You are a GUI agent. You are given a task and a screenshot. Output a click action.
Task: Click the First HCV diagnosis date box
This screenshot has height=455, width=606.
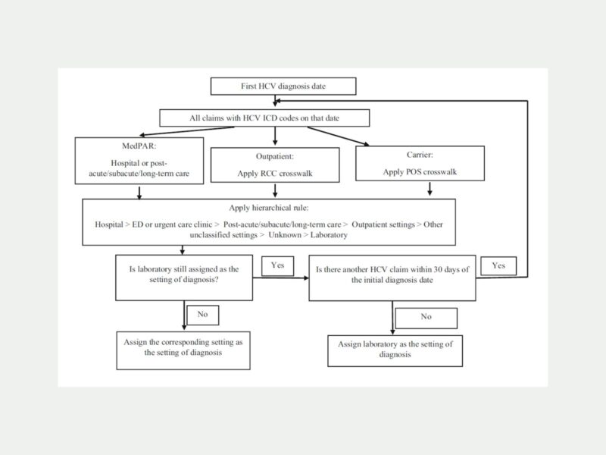tap(283, 86)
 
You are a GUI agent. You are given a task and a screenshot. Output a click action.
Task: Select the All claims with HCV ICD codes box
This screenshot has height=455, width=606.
tap(264, 118)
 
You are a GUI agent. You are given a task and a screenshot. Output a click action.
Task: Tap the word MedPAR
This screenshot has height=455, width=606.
tap(139, 146)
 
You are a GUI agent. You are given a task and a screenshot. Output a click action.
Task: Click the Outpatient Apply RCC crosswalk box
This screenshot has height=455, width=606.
tap(275, 165)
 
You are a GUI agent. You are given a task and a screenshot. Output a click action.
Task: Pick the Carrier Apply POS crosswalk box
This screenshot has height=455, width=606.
tap(420, 163)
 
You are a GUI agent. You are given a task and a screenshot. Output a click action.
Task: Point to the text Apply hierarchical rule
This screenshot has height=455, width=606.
tap(269, 208)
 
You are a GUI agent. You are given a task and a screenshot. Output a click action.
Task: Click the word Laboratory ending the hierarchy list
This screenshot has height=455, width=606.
tap(329, 235)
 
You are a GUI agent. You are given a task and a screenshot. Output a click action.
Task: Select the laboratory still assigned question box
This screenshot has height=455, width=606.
tap(184, 278)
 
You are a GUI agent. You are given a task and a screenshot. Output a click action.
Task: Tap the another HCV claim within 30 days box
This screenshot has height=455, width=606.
tap(392, 278)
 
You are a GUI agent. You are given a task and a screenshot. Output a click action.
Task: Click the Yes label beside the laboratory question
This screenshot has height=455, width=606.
tap(277, 266)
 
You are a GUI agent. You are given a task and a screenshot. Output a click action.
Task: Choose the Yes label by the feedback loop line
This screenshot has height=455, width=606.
tap(498, 266)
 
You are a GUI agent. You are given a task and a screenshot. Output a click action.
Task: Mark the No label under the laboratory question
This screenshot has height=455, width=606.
tap(203, 315)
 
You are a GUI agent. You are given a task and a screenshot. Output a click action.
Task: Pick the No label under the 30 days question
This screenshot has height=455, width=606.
tap(426, 318)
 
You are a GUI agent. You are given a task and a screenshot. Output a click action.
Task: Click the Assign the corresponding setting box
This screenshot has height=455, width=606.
tap(183, 350)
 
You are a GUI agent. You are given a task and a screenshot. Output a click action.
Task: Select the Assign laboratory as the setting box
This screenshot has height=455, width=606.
tap(395, 351)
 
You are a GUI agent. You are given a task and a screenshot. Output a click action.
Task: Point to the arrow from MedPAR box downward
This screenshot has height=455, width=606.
tap(139, 193)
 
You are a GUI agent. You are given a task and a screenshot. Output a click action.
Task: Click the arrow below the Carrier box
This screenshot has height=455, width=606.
tap(430, 189)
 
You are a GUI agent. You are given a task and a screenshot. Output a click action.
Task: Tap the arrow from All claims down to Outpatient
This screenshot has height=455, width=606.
tap(275, 136)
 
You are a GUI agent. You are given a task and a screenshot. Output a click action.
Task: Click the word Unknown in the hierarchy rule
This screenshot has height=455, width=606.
tap(285, 235)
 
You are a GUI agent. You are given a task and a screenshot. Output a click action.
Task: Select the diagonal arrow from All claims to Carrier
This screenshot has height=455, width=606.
tap(339, 136)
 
